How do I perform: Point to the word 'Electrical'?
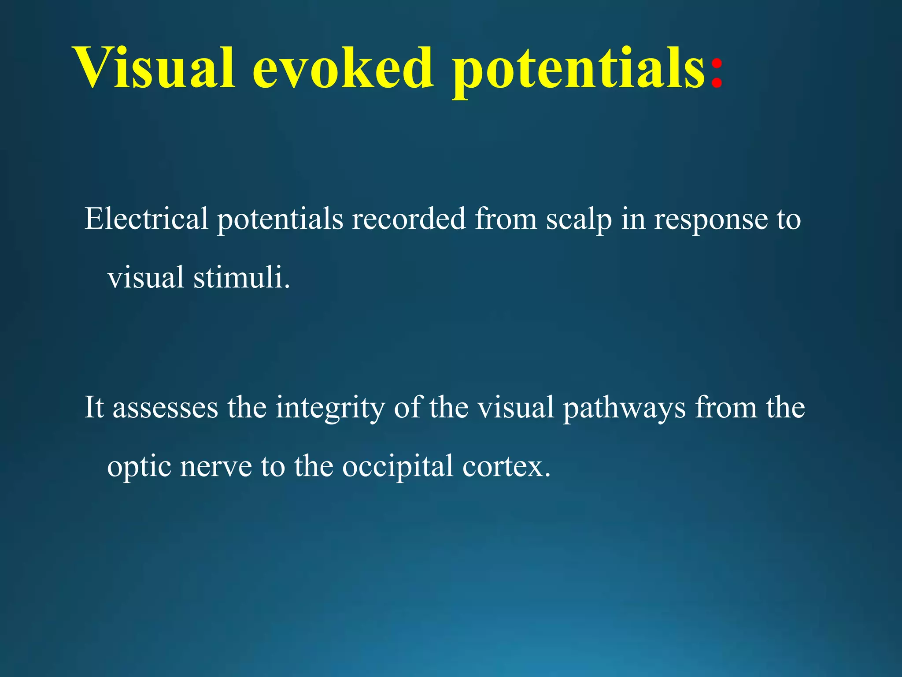pos(146,219)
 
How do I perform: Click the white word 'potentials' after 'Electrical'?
pos(280,219)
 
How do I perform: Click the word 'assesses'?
pos(165,408)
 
